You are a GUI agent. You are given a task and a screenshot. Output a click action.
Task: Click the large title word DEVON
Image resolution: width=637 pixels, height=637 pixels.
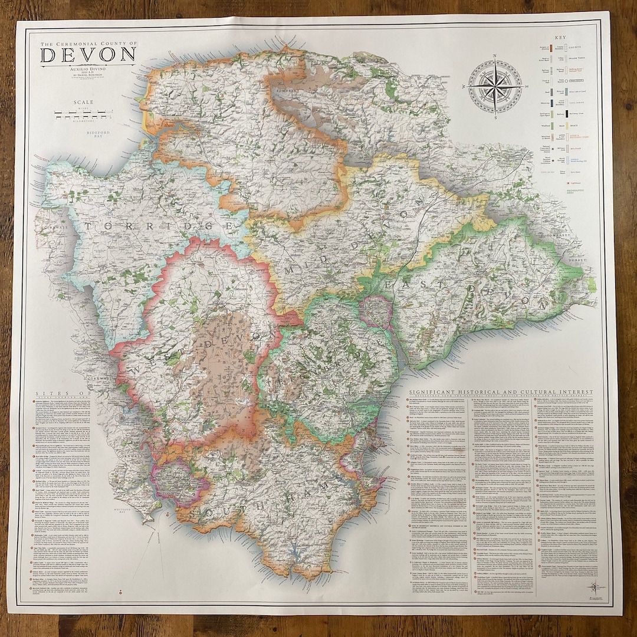[x=88, y=55]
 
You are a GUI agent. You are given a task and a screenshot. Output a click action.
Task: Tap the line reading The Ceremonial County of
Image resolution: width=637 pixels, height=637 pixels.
[x=88, y=44]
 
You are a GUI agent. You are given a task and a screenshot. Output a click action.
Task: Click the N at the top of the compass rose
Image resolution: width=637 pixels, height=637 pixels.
[x=494, y=58]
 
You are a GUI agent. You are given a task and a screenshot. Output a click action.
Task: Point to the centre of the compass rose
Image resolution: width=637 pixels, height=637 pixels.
[x=494, y=87]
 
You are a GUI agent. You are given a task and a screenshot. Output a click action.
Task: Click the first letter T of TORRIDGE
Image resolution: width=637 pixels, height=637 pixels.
[x=87, y=226]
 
